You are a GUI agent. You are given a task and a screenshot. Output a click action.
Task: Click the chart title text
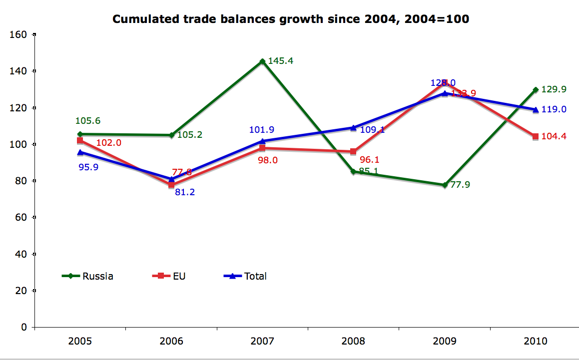coord(290,19)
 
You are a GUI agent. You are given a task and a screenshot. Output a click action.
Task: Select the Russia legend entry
coord(88,276)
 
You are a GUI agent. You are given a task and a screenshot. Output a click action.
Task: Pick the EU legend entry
coord(168,276)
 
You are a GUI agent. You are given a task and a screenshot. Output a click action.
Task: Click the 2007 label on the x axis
coord(262,342)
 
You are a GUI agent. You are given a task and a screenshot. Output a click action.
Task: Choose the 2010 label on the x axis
coord(535,342)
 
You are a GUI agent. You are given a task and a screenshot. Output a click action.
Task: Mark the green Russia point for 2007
coord(262,61)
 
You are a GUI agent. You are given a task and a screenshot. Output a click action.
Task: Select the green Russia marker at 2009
coord(444,185)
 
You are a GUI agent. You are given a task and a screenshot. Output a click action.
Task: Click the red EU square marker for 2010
coord(535,136)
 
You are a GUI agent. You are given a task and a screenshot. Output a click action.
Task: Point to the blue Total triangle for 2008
coord(353,128)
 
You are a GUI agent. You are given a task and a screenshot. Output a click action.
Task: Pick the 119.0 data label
coord(554,109)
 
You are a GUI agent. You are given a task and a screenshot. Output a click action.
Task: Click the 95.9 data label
coord(88,167)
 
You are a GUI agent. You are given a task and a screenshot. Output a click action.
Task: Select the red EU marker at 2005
coord(80,141)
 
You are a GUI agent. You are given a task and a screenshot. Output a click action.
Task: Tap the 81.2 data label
coord(185,192)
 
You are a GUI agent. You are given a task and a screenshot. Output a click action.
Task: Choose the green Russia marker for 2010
coord(535,90)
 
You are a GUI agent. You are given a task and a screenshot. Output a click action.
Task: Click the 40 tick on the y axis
coord(20,254)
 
